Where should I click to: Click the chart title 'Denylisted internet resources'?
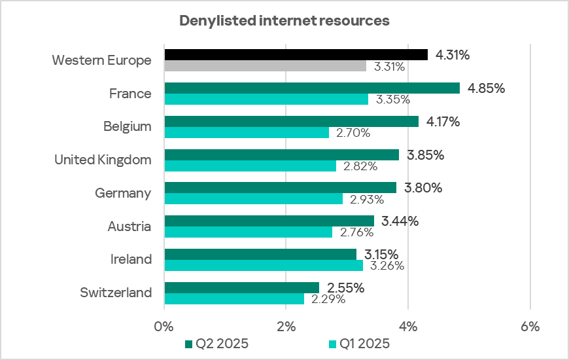[x=284, y=21]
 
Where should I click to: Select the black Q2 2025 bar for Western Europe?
[x=296, y=55]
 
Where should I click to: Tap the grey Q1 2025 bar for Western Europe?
[x=265, y=66]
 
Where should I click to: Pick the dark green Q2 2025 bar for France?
[x=312, y=88]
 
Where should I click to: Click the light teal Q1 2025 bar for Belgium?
[x=247, y=133]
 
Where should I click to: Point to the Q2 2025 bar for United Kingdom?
[x=281, y=155]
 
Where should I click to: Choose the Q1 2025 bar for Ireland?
[x=264, y=266]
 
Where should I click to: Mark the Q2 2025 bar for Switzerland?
[x=241, y=287]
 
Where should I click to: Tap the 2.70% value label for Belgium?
[x=353, y=133]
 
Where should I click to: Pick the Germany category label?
[x=123, y=193]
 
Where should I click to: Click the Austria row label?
[x=129, y=226]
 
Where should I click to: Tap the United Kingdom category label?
[x=103, y=160]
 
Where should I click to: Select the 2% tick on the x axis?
[x=286, y=327]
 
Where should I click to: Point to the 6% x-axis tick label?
[x=530, y=327]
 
